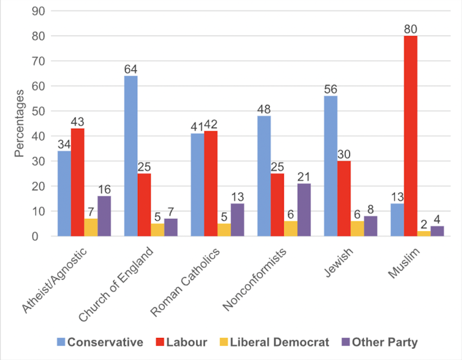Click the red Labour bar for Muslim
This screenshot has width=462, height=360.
tap(410, 136)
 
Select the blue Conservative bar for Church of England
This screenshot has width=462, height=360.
tap(131, 156)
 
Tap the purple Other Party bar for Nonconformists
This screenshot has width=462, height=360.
tap(305, 210)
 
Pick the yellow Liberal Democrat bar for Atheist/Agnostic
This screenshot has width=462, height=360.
tap(91, 228)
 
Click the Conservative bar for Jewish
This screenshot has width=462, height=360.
tap(331, 166)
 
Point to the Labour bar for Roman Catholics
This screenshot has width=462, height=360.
tap(211, 183)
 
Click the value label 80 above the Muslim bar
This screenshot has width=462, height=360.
tap(410, 29)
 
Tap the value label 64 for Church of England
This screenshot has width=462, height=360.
tap(131, 69)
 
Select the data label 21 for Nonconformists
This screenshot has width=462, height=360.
tap(305, 176)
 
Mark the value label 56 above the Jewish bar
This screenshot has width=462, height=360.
tap(331, 89)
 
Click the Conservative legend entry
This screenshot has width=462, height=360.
tap(100, 342)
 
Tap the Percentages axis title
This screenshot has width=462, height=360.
tap(20, 123)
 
